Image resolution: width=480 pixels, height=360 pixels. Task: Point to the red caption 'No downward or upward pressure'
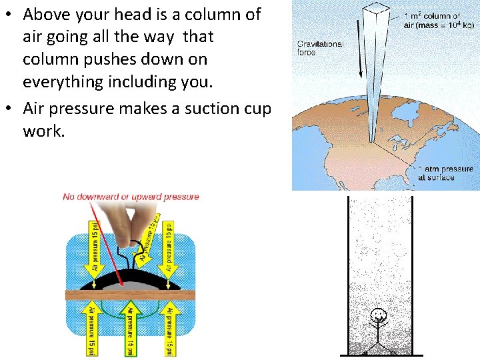[x=131, y=197]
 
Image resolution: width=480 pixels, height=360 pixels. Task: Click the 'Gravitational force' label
[x=320, y=49]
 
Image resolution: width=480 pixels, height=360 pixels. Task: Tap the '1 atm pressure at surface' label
[x=445, y=173]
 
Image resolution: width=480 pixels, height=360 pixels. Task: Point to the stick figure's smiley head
[x=379, y=315]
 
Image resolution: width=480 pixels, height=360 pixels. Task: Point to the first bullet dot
[x=9, y=15]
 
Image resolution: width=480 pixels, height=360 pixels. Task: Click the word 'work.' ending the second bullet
[x=44, y=131]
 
